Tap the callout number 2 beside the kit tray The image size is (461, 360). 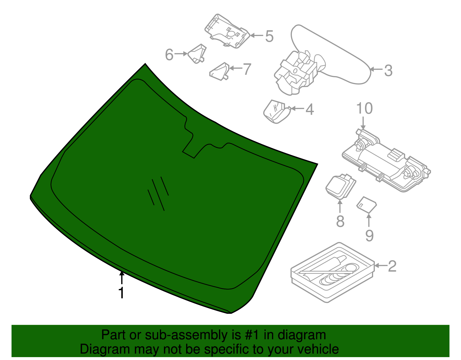[392, 266]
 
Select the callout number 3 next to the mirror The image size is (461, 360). [388, 70]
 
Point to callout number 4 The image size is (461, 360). [309, 110]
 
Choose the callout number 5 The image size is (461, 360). [269, 36]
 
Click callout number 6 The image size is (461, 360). [169, 54]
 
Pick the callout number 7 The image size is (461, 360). [247, 69]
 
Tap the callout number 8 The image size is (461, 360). [340, 221]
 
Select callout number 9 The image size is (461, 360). [369, 235]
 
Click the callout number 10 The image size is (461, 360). [364, 108]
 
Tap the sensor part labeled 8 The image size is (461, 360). [341, 186]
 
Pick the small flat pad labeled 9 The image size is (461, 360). [366, 204]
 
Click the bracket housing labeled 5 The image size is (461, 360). [228, 31]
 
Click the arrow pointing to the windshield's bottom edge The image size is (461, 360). [122, 278]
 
